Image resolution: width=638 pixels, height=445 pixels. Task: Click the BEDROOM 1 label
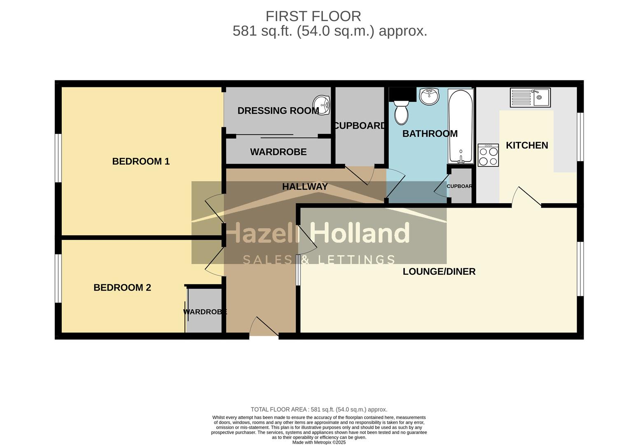141,161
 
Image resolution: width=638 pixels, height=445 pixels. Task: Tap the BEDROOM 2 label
122,288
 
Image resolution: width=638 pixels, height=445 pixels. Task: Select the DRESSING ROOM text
278,110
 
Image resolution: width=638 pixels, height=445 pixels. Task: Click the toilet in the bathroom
401,112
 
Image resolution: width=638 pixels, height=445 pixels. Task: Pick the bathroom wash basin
429,96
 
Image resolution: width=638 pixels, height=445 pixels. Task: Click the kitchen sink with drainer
530,98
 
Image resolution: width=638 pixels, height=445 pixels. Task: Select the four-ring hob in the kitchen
488,155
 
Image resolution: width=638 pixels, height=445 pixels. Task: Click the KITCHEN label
527,145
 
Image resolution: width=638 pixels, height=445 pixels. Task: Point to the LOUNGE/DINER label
439,272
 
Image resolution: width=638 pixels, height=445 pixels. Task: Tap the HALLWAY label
305,187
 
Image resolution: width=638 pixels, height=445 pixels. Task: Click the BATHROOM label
430,133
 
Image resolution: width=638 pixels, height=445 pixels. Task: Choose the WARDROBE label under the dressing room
278,152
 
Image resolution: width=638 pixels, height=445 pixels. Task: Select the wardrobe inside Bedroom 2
204,311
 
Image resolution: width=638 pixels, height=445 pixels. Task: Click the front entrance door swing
264,327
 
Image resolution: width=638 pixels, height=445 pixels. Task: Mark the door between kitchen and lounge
526,197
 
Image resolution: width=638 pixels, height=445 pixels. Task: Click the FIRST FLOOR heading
313,16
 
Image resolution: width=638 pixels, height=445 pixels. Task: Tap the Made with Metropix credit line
319,442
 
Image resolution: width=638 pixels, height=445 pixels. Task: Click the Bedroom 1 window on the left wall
58,158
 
